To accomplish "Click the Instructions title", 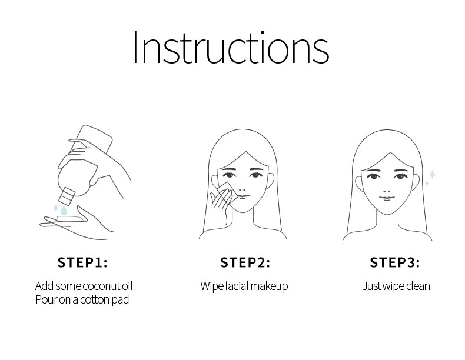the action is [231, 48].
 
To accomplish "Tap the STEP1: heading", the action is [82, 262].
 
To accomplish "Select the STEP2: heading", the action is [245, 262].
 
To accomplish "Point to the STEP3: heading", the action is [395, 262].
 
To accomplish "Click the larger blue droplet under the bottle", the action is [64, 211].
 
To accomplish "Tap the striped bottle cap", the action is [67, 196].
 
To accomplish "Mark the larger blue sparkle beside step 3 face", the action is [432, 175].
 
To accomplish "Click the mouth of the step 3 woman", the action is [387, 198].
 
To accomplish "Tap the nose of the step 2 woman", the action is [243, 189].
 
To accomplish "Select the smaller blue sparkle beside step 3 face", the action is [427, 184].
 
